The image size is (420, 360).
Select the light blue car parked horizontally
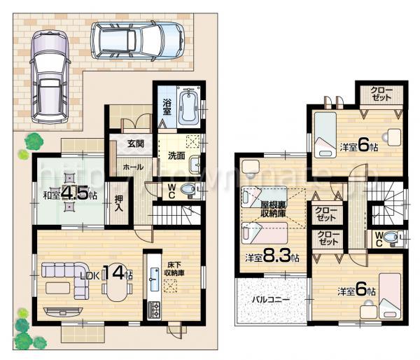[140, 40]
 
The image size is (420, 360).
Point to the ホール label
[134, 168]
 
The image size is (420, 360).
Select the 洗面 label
[176, 156]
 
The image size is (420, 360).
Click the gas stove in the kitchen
[153, 309]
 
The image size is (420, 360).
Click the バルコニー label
[270, 300]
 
